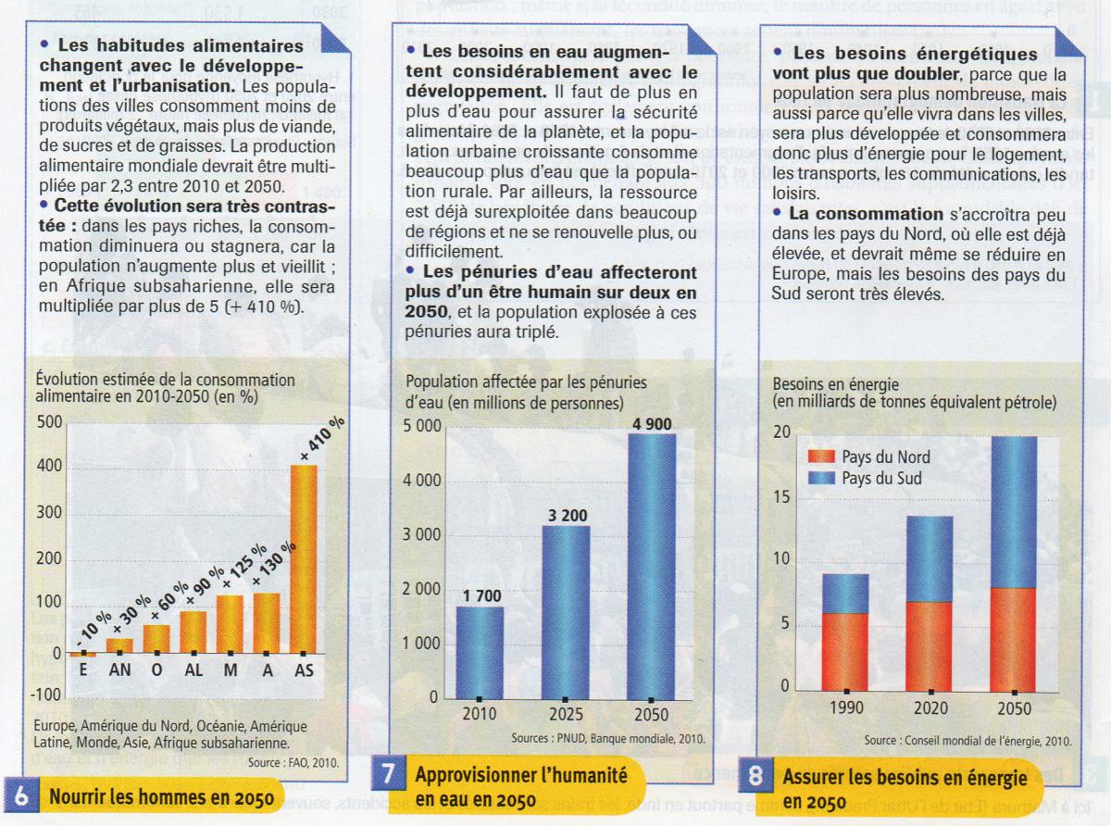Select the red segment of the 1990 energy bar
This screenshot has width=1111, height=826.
[846, 651]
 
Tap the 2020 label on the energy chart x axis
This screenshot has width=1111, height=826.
[930, 708]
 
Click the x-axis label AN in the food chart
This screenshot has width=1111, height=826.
[119, 671]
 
